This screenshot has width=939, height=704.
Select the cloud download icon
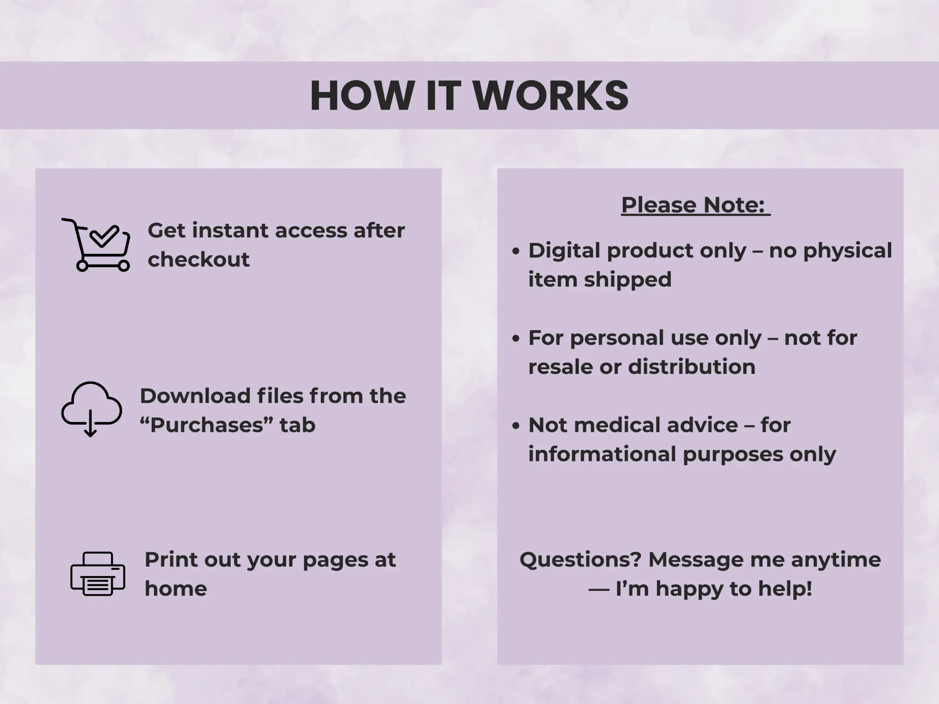[92, 409]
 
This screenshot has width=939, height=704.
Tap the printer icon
[98, 574]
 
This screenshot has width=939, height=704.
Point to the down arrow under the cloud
[91, 423]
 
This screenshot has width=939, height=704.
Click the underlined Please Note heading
[695, 205]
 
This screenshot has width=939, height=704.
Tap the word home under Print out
[176, 588]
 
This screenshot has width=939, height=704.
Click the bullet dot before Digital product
[516, 251]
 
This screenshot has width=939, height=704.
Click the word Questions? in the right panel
[580, 560]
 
